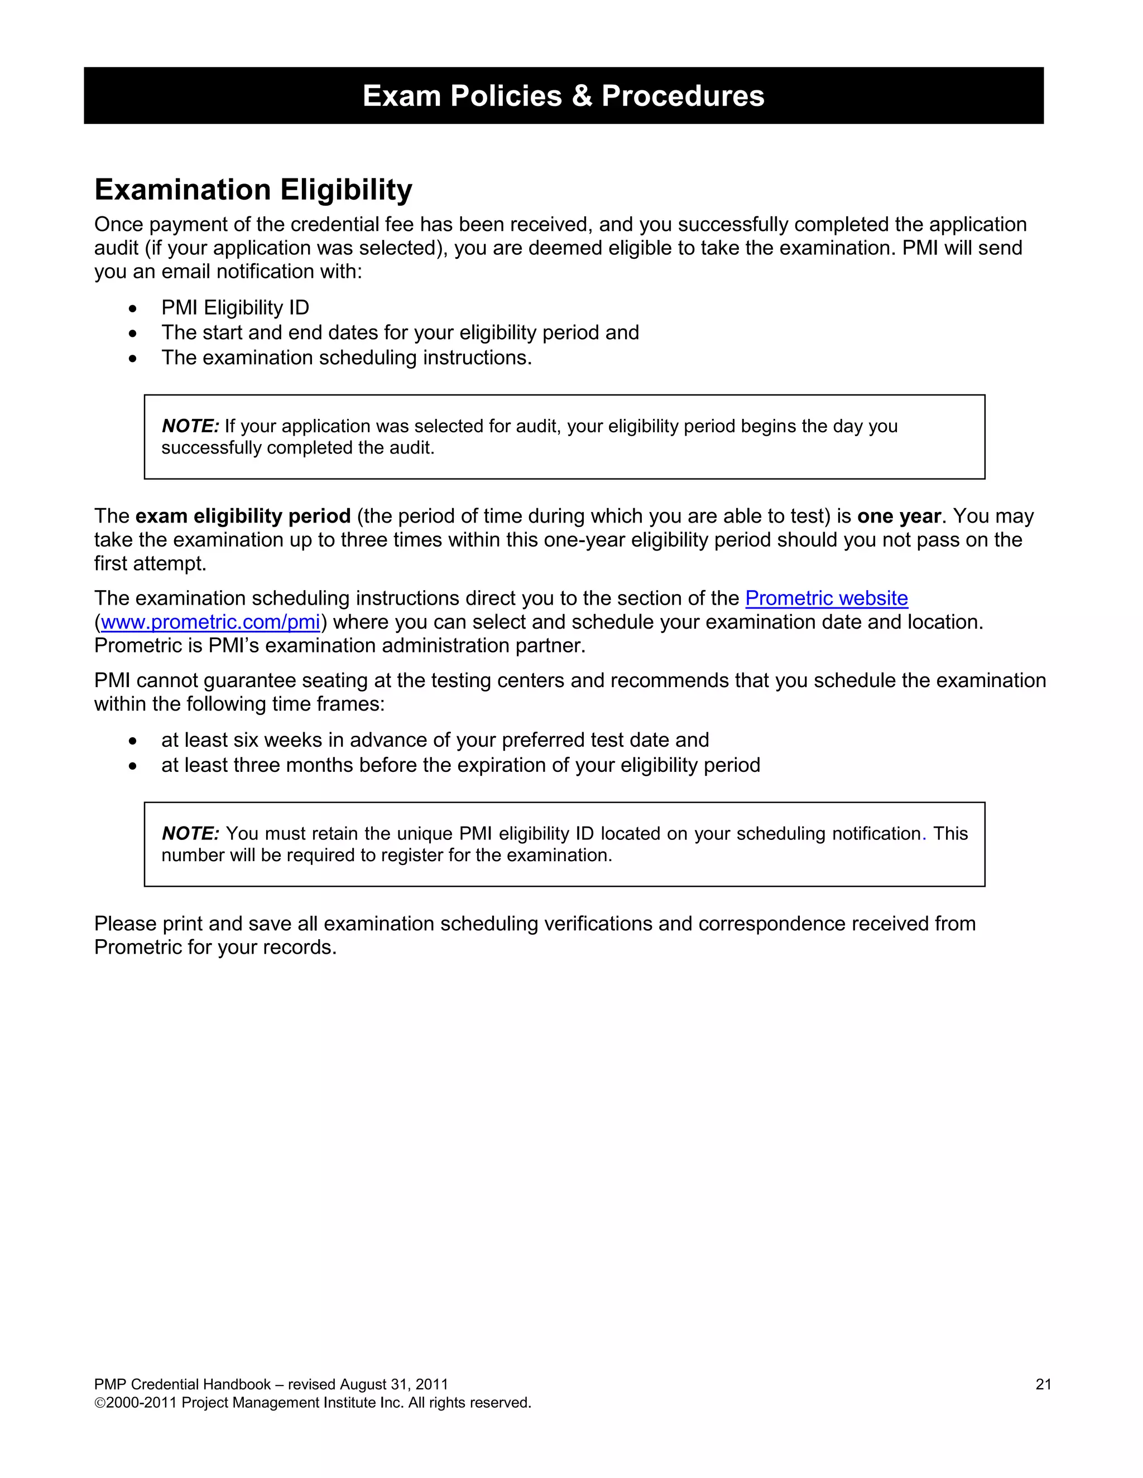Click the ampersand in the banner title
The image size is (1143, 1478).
(581, 96)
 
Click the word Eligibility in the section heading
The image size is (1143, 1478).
(346, 190)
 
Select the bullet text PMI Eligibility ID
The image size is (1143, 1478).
(235, 308)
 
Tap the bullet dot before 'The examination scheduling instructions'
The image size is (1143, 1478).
(133, 358)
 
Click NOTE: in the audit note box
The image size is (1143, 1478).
(190, 426)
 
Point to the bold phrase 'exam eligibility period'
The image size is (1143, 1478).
(242, 516)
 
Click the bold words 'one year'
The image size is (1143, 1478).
(899, 516)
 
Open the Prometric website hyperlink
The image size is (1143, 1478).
(826, 598)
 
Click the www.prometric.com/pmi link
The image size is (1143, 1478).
(210, 622)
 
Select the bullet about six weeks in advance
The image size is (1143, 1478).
(435, 740)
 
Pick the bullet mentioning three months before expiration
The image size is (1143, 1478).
(460, 765)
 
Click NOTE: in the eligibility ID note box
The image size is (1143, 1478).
(190, 834)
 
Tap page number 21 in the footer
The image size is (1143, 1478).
(1043, 1385)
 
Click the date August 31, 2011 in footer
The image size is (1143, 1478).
(393, 1385)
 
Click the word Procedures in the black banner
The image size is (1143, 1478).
(683, 96)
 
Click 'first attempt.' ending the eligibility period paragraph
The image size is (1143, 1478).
(150, 564)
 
